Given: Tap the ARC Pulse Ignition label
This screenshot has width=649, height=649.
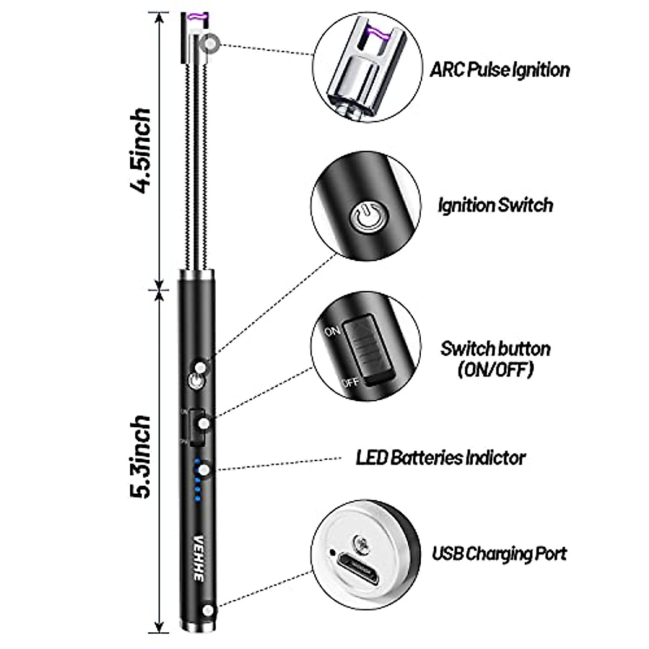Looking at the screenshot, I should [x=500, y=70].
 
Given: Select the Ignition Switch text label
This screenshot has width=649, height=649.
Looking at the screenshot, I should [x=495, y=206].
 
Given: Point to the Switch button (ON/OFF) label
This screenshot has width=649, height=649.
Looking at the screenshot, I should [x=495, y=359].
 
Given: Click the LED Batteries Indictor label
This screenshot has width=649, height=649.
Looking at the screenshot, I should [x=440, y=458].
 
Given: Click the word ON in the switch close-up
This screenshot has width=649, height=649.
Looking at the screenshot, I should [x=332, y=330].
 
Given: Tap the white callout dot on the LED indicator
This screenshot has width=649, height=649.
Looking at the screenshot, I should [x=204, y=471].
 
